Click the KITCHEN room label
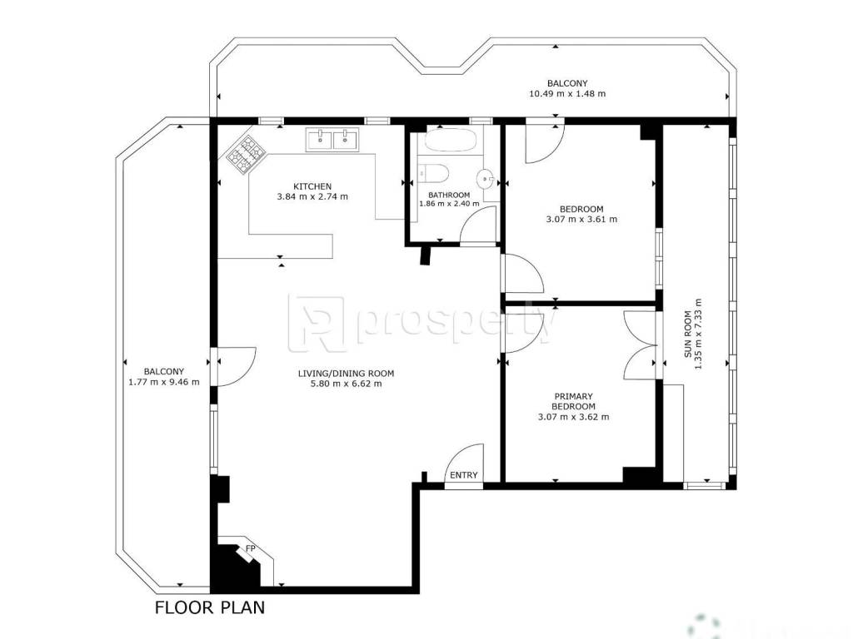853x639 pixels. coord(312,186)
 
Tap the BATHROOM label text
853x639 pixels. coord(449,195)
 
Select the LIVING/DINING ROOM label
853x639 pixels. coord(346,374)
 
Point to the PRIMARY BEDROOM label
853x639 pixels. coord(573,402)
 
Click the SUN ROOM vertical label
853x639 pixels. coord(688,334)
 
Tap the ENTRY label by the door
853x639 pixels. coord(463,475)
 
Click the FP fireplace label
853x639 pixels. coord(250,548)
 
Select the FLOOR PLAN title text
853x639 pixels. coord(210,607)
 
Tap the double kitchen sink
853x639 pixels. coord(332,139)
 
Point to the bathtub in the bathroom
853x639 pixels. coord(451,141)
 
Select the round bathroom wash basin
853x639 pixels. coord(485,178)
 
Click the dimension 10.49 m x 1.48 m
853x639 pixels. coord(567,93)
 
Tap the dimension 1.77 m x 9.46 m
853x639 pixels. coord(164,382)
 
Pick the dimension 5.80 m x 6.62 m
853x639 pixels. coord(346,384)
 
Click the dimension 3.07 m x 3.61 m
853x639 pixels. coord(581,220)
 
